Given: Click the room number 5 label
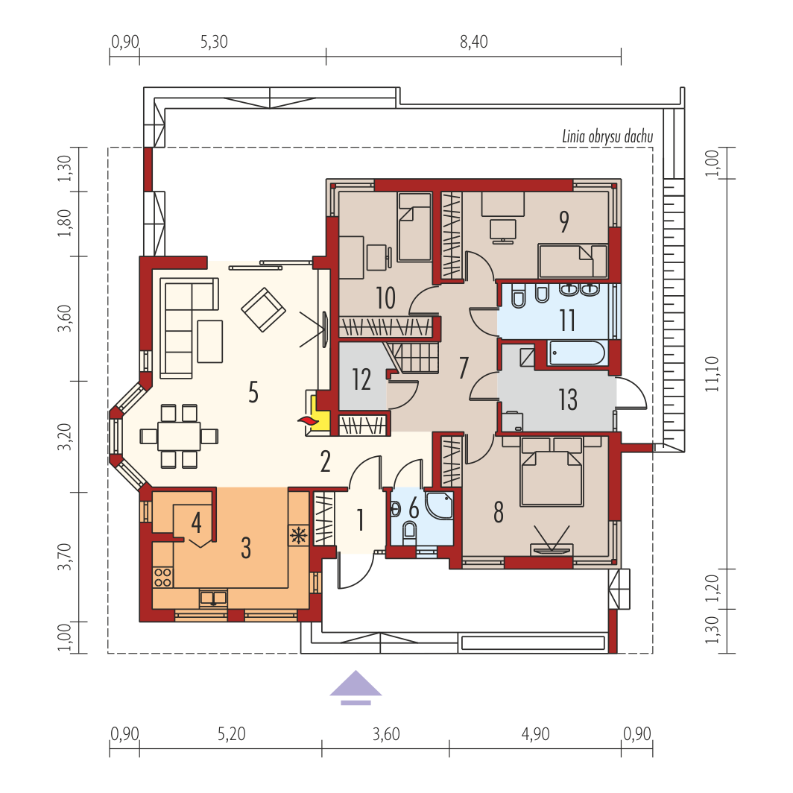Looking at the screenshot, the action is [x=253, y=392].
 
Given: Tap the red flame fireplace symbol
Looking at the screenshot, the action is [x=305, y=421].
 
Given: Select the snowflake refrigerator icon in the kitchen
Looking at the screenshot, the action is [x=298, y=535].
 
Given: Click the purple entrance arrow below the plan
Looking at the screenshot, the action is [x=356, y=687].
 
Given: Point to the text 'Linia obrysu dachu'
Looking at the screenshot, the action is [x=607, y=136].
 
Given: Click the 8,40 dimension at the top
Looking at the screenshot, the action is [x=474, y=42].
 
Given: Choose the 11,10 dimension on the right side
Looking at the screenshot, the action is [x=712, y=373].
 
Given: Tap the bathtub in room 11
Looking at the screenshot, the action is [x=577, y=353].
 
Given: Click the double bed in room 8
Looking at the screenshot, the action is [x=552, y=472].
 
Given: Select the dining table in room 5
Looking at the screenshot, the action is [x=179, y=436].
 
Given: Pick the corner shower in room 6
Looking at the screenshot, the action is [x=439, y=505].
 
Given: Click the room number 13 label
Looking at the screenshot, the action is [x=567, y=399].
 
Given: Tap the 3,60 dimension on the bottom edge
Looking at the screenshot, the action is [x=386, y=734].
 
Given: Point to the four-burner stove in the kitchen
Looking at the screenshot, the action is [x=162, y=577].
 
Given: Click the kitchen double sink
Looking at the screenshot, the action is [x=213, y=598].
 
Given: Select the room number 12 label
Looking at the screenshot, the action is [x=361, y=379].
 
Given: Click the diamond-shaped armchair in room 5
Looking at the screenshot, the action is [x=263, y=309].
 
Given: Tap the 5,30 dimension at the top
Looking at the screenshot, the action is [x=214, y=42].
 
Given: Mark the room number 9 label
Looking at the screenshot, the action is [x=564, y=221].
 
